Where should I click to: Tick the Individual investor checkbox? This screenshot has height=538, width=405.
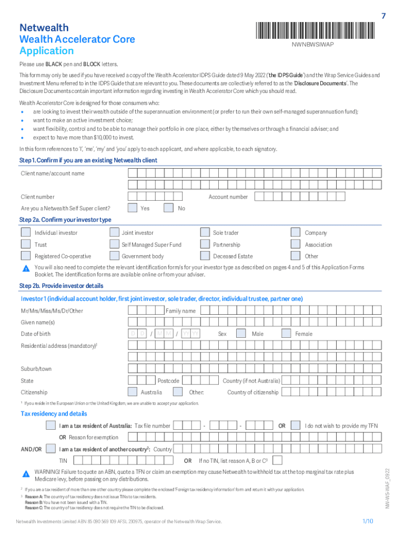[26, 233]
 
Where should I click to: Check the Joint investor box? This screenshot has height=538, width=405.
[114, 233]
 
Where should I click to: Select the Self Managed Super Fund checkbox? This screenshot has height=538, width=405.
[114, 245]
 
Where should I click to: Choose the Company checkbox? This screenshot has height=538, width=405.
[296, 233]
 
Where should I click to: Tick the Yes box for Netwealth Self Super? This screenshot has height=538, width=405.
[133, 209]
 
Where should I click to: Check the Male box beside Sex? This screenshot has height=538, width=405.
[241, 334]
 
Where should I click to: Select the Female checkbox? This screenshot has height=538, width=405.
[286, 334]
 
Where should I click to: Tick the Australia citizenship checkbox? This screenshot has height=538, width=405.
[133, 392]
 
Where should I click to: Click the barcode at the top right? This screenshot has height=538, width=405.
[312, 29]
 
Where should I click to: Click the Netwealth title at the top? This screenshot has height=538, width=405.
[44, 28]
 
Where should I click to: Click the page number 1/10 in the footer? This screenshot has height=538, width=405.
[367, 521]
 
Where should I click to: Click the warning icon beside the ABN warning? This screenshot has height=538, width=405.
[26, 472]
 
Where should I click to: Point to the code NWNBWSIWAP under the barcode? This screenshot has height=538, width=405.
[312, 44]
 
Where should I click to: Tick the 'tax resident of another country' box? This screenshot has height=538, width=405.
[51, 449]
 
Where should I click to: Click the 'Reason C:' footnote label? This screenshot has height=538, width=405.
[34, 508]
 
